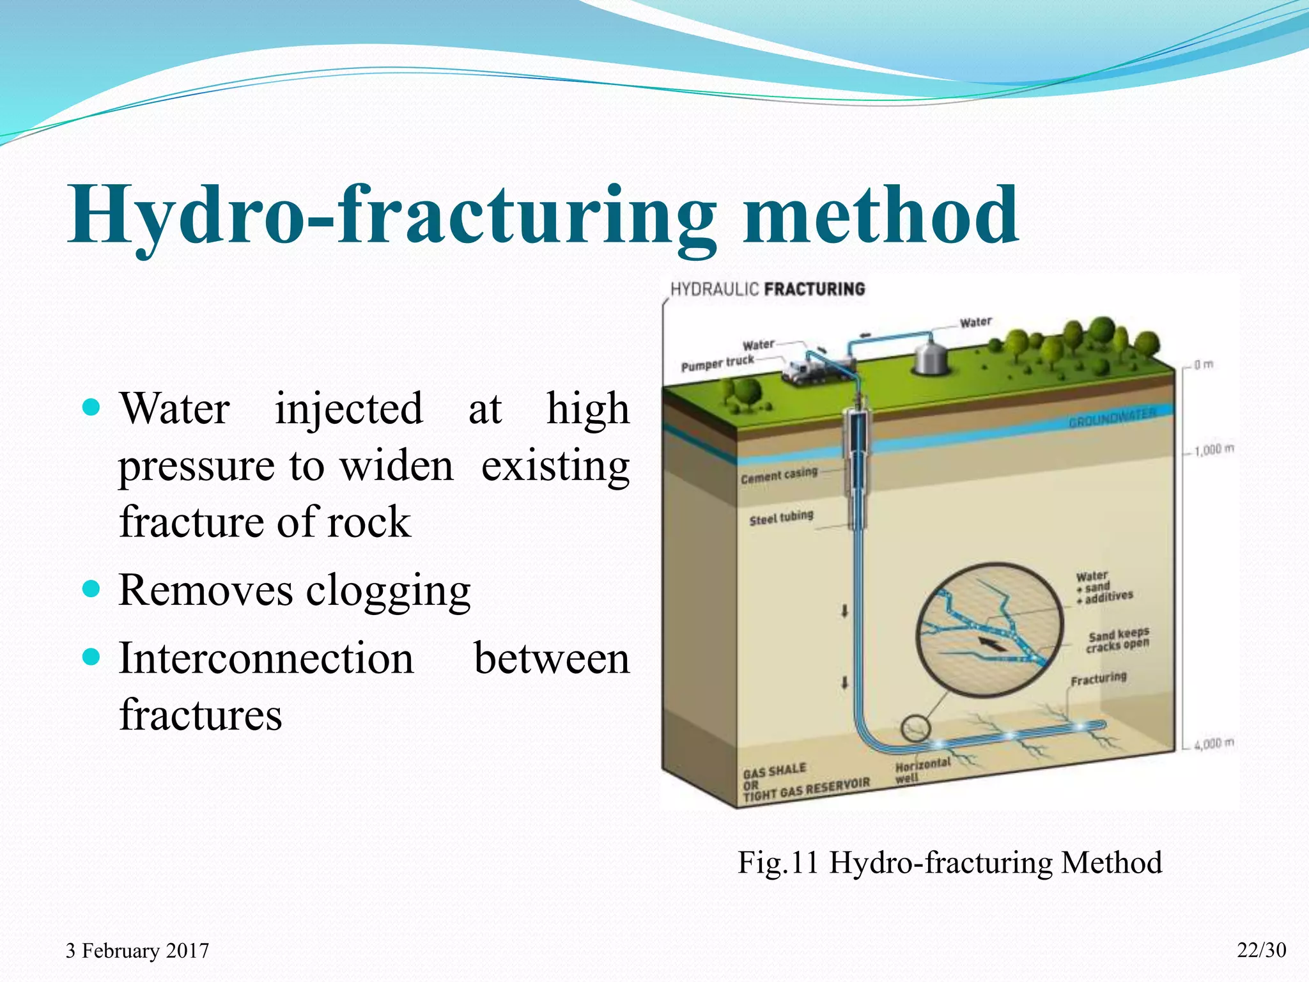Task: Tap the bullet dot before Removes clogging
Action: (x=92, y=588)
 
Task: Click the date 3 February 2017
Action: (x=137, y=951)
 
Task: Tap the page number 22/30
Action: (x=1261, y=950)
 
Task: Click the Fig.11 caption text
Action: (x=949, y=862)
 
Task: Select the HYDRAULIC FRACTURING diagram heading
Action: (x=767, y=289)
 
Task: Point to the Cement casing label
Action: (x=778, y=476)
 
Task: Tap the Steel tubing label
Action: (x=781, y=517)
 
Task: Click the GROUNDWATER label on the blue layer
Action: (x=1112, y=417)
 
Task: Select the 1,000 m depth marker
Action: (x=1214, y=450)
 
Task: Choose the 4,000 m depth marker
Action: (x=1214, y=744)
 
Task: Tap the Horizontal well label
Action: (x=922, y=770)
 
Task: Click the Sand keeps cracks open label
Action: (x=1118, y=640)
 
